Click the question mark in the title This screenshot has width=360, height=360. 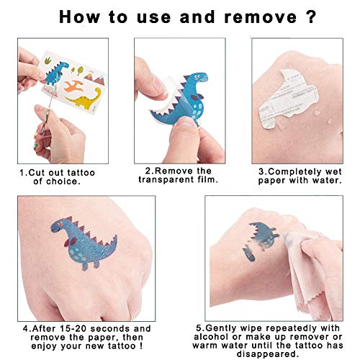[311, 17]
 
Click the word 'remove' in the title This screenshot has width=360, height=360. [261, 17]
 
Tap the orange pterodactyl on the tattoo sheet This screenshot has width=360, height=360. [74, 86]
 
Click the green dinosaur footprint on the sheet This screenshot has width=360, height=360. [48, 60]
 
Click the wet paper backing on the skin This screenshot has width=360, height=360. [287, 96]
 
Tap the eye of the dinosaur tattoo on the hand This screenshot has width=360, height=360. [58, 225]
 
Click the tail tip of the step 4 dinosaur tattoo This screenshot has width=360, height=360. [116, 236]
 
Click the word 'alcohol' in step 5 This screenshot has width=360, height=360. [211, 337]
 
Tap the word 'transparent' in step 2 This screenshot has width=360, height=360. [166, 180]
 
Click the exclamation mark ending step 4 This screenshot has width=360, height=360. [140, 346]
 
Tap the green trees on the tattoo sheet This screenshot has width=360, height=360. [78, 71]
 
